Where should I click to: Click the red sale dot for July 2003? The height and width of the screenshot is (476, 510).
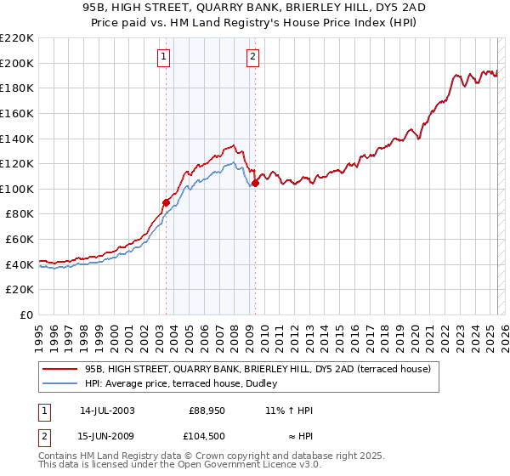[x=166, y=202]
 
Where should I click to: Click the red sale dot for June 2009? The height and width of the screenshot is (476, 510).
[x=255, y=183]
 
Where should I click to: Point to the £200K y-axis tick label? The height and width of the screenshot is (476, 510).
[x=17, y=63]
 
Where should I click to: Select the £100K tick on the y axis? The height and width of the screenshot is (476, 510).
[x=17, y=189]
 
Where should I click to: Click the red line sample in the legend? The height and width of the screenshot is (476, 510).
[x=60, y=369]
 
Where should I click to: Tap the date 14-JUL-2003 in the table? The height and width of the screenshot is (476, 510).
[x=107, y=411]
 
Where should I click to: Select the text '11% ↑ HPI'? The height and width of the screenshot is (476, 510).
[x=289, y=411]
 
